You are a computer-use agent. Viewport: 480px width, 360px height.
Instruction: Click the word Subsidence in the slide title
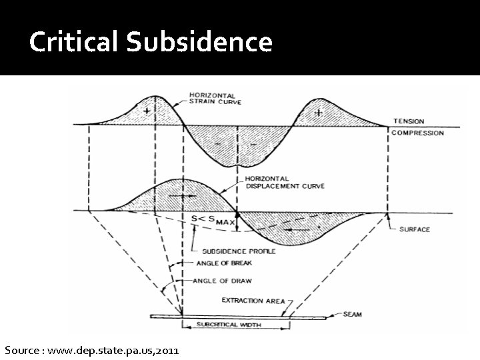pyautogui.click(x=199, y=43)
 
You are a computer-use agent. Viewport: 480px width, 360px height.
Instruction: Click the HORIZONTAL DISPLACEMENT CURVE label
pyautogui.click(x=284, y=182)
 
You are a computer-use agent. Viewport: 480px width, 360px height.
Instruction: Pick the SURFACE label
pyautogui.click(x=414, y=229)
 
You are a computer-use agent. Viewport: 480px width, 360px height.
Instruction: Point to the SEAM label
pyautogui.click(x=352, y=315)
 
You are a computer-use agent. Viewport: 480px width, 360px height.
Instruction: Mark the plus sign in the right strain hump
pyautogui.click(x=319, y=113)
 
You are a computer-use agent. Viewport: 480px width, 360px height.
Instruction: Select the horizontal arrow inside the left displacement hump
pyautogui.click(x=181, y=196)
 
